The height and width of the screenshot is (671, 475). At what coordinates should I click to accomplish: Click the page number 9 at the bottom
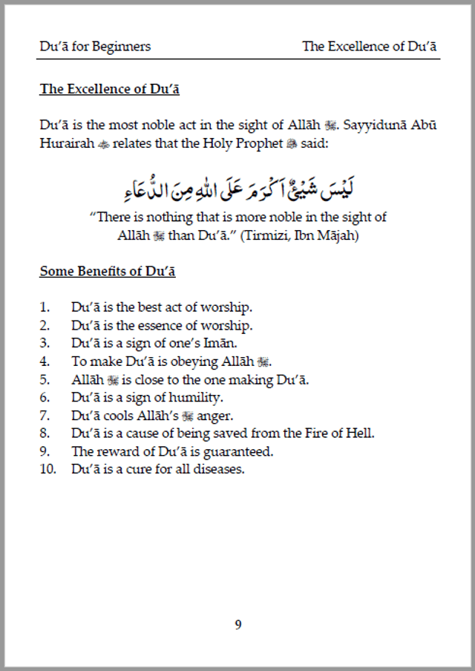click(x=237, y=624)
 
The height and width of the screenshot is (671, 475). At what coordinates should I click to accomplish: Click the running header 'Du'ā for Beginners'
click(x=95, y=46)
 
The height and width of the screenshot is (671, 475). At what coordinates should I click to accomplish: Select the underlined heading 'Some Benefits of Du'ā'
click(x=108, y=271)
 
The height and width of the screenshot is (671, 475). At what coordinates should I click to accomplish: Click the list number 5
click(x=45, y=379)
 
